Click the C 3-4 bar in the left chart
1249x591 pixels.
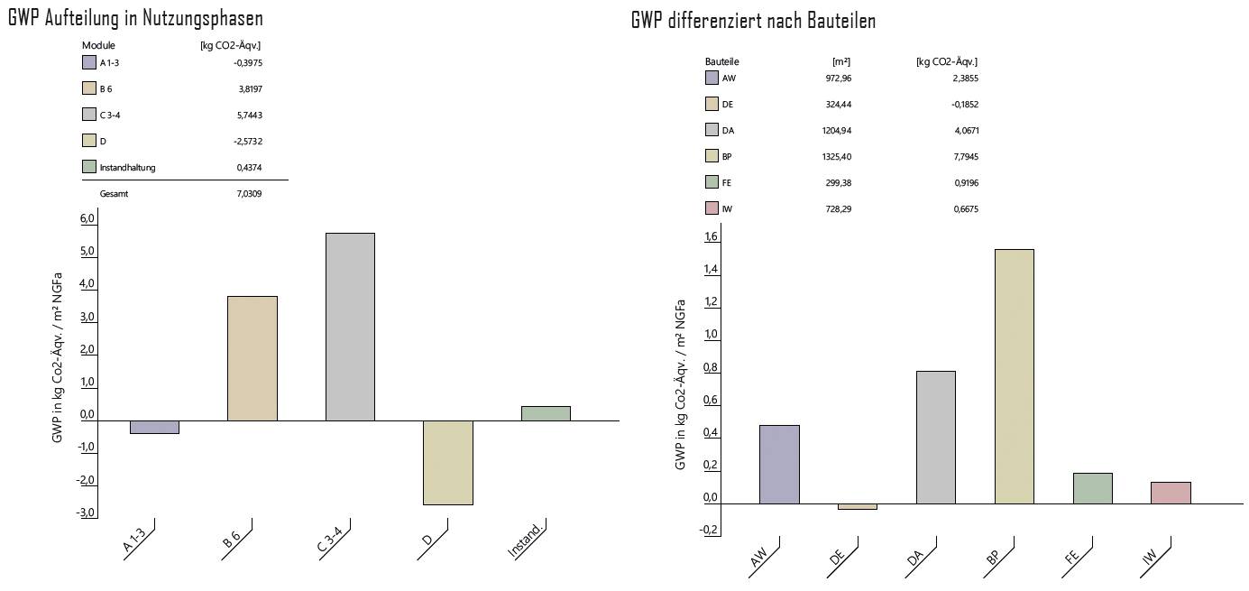coord(350,327)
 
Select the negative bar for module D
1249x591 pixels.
coord(447,462)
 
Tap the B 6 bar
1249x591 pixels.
coord(252,358)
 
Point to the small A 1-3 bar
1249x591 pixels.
coord(154,427)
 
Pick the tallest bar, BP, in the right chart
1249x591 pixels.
coord(1014,376)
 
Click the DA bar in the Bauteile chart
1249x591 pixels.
coord(935,437)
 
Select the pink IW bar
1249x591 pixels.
coord(1171,493)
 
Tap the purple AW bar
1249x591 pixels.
coord(779,464)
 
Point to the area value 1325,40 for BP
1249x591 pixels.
coord(837,157)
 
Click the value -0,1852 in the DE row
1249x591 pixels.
coord(964,105)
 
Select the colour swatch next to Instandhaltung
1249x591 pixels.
coord(88,167)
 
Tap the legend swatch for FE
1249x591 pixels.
coord(712,182)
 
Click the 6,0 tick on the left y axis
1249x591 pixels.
coord(87,219)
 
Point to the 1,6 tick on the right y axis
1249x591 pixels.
coord(711,237)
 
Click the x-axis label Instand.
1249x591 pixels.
coord(526,541)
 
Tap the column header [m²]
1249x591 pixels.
coord(840,61)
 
